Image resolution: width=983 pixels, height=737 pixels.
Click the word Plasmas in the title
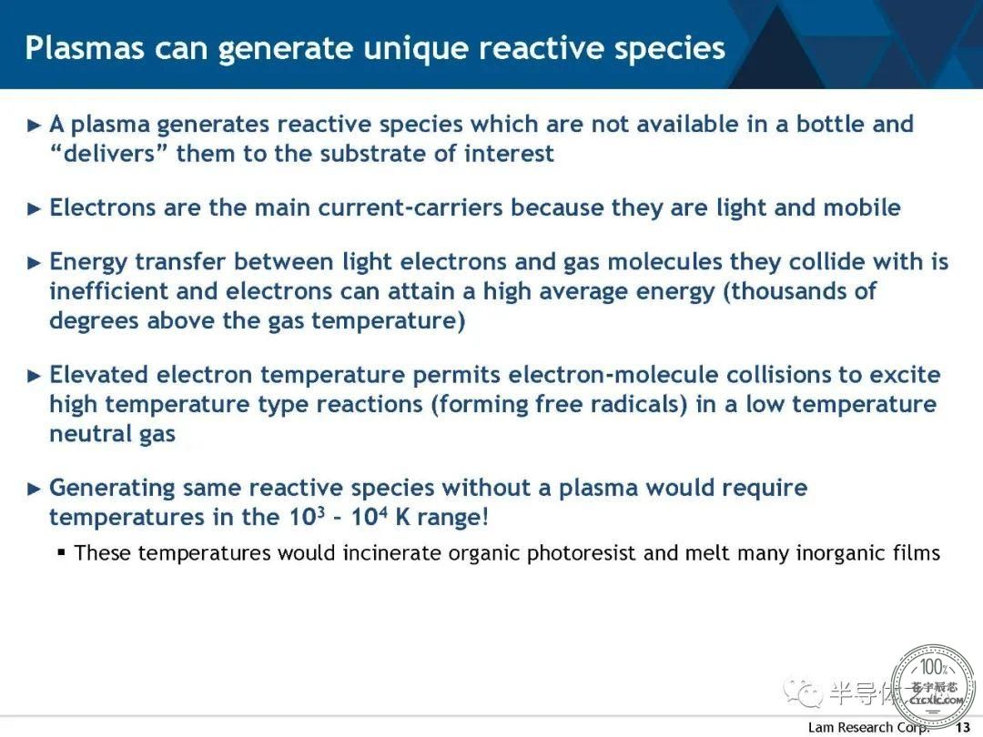[x=85, y=48]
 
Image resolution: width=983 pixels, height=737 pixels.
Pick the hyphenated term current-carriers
[x=410, y=207]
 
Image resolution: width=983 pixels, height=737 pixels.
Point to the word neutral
[x=90, y=434]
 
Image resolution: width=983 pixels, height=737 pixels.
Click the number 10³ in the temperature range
[x=308, y=517]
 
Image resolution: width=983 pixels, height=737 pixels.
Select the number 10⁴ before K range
[x=369, y=517]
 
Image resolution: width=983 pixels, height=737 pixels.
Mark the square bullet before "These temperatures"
[x=61, y=553]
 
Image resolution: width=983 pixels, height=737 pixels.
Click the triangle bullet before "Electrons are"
[x=35, y=208]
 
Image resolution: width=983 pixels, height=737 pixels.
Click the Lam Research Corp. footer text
[x=868, y=728]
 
